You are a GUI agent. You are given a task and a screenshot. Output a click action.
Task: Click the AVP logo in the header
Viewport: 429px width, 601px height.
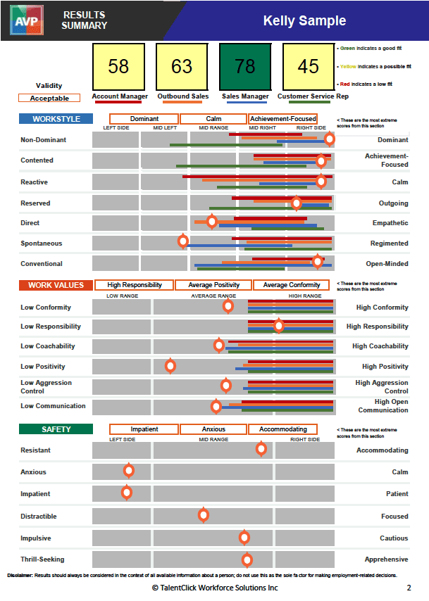[x=27, y=20]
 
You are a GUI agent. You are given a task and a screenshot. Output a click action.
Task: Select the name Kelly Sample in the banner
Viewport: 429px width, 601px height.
[x=304, y=20]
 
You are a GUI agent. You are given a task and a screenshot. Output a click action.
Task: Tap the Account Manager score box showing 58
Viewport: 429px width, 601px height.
[x=118, y=67]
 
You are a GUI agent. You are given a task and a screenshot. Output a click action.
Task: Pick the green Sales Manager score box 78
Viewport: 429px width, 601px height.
[x=245, y=67]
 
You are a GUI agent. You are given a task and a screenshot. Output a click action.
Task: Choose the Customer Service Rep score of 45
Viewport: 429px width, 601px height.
[x=308, y=67]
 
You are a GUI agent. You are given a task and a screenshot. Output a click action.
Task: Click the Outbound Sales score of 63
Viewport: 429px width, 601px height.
[x=182, y=67]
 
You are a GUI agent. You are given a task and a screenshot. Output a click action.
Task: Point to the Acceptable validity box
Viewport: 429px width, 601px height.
[x=49, y=99]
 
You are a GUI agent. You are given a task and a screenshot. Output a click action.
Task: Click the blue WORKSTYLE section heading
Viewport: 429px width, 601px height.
[x=56, y=119]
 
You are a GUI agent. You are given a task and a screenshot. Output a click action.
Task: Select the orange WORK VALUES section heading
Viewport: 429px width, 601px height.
[x=56, y=285]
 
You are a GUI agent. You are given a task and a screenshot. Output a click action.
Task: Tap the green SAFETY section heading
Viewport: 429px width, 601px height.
[x=56, y=429]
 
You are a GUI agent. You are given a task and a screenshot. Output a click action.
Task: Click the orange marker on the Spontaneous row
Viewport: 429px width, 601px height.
[x=183, y=241]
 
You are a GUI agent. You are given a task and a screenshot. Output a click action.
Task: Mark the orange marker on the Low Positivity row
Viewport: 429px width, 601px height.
[x=170, y=365]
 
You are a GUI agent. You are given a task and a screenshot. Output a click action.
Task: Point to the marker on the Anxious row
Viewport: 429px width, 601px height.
[x=128, y=471]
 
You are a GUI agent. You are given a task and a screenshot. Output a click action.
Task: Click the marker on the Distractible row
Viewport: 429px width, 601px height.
[x=204, y=515]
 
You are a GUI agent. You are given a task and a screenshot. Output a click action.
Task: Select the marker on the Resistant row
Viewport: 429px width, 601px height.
[x=261, y=448]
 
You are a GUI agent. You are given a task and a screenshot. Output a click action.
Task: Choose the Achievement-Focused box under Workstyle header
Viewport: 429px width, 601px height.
[x=283, y=119]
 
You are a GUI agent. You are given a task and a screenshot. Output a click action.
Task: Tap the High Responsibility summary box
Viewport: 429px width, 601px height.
[x=134, y=285]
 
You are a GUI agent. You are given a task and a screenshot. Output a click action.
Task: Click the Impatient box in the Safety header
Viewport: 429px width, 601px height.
[x=144, y=429]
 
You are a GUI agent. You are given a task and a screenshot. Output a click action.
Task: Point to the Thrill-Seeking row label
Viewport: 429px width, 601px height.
[x=42, y=559]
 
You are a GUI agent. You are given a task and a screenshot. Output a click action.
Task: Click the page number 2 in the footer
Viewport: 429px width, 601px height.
[x=409, y=587]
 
